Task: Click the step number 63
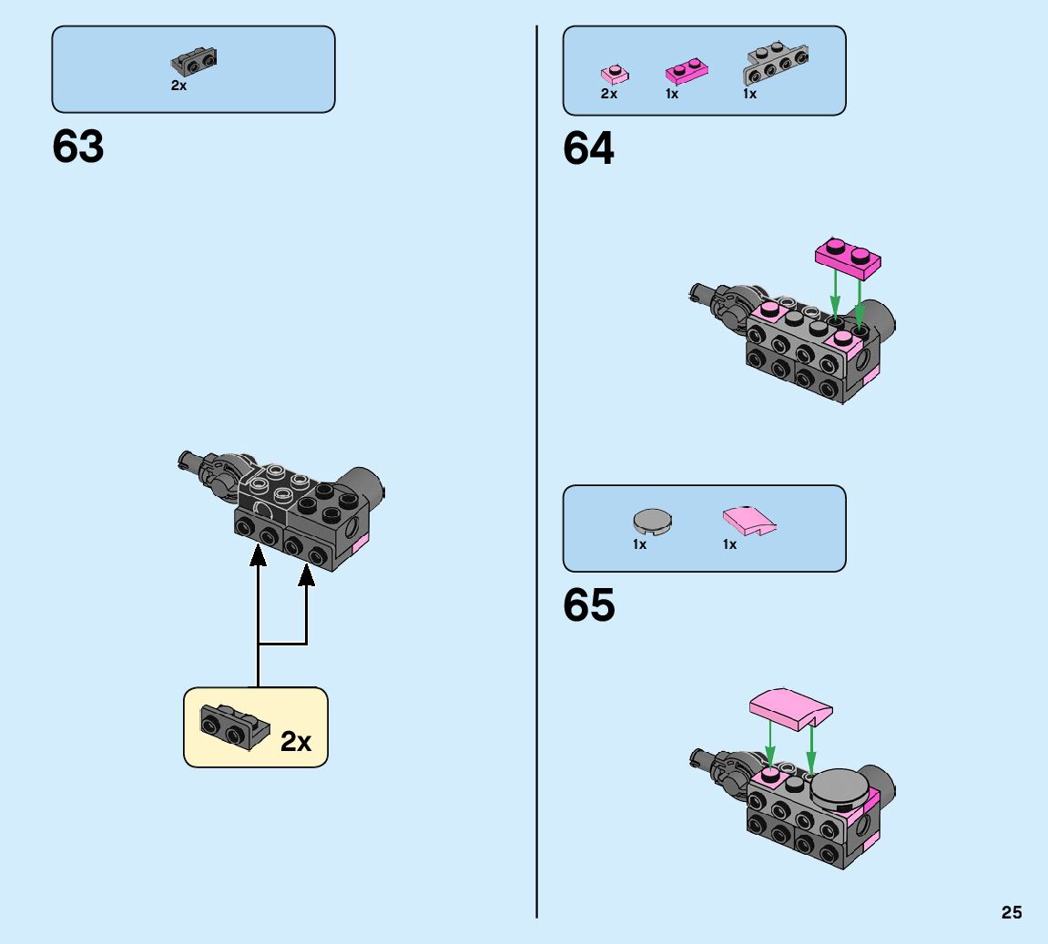(78, 147)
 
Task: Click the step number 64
(589, 148)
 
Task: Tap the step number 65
(589, 605)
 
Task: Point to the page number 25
(1012, 913)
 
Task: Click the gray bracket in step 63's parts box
(194, 62)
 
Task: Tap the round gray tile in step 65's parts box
(652, 521)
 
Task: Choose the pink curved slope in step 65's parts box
(750, 522)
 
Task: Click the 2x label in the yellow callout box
(296, 742)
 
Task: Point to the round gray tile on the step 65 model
(839, 786)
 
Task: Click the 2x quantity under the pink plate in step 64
(609, 94)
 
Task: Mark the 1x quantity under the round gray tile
(640, 544)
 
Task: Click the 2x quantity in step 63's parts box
(178, 86)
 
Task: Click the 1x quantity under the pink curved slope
(729, 544)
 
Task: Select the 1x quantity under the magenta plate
(672, 94)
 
